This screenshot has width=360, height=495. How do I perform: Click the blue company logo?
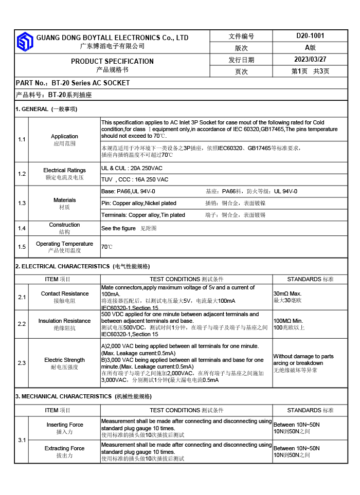[25, 42]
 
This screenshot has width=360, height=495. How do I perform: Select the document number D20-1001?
[310, 36]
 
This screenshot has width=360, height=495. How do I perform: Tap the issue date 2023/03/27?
[310, 59]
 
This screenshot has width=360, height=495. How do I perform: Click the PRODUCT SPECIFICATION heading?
[112, 61]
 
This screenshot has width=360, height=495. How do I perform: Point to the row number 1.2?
[22, 174]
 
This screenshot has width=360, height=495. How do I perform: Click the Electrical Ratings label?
[64, 170]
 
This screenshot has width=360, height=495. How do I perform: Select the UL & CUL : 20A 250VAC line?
[132, 168]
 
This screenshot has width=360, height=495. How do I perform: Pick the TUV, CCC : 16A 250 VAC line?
[135, 179]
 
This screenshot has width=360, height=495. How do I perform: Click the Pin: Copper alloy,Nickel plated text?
[139, 203]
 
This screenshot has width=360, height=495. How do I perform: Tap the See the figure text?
[118, 228]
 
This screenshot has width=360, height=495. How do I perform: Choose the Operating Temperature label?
[64, 244]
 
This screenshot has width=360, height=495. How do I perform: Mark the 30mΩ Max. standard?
[287, 294]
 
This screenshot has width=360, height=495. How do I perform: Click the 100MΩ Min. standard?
[288, 320]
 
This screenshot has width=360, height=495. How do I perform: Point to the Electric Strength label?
[64, 360]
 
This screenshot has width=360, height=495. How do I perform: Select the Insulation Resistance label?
[64, 321]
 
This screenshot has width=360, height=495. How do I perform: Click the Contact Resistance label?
[64, 294]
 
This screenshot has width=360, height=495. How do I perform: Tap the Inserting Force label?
[65, 425]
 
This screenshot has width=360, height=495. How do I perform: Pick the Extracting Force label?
[64, 448]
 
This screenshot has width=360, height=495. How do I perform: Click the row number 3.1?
[22, 440]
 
